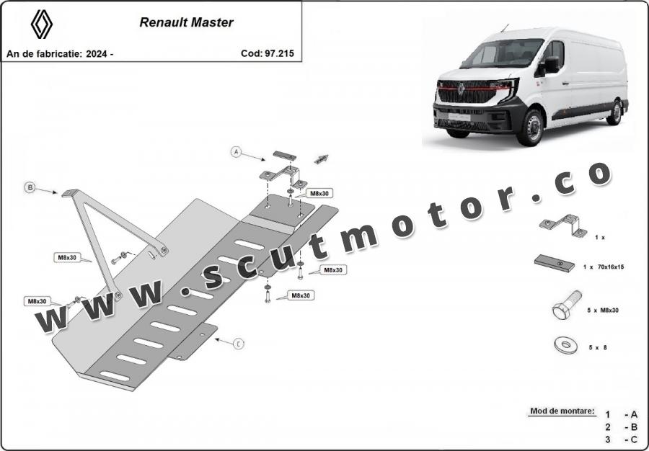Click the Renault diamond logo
[41, 24]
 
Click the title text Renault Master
[186, 22]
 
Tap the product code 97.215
[278, 53]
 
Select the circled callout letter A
[236, 152]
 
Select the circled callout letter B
[30, 187]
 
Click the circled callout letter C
[239, 344]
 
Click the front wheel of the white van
[531, 128]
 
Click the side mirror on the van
[550, 65]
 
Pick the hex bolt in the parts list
[567, 305]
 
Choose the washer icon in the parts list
[565, 345]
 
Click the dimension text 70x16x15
[611, 267]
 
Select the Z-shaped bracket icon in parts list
[563, 225]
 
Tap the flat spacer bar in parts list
[555, 263]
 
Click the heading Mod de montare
[562, 411]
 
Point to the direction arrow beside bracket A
[321, 159]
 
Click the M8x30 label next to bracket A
[319, 194]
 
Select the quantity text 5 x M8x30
[603, 310]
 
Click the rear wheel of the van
[614, 112]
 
